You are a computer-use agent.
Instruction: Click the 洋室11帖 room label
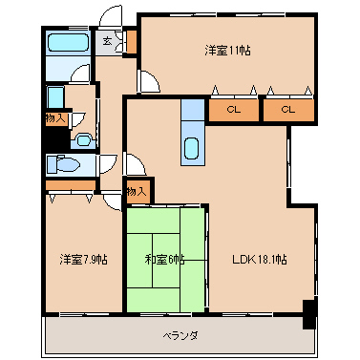pyautogui.click(x=227, y=51)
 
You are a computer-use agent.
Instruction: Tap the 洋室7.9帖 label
pyautogui.click(x=83, y=260)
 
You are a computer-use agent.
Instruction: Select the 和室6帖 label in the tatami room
pyautogui.click(x=164, y=260)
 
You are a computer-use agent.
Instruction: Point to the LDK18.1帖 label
pyautogui.click(x=260, y=260)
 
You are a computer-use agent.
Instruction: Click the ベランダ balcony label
pyautogui.click(x=180, y=335)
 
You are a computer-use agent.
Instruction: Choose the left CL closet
pyautogui.click(x=233, y=110)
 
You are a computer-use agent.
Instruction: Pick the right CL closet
pyautogui.click(x=288, y=110)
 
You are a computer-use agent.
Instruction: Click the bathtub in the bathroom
pyautogui.click(x=68, y=43)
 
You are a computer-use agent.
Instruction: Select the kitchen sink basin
pyautogui.click(x=192, y=148)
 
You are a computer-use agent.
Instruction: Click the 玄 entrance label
pyautogui.click(x=107, y=41)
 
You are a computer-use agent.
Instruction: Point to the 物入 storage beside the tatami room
pyautogui.click(x=137, y=192)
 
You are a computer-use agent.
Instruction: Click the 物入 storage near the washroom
pyautogui.click(x=56, y=118)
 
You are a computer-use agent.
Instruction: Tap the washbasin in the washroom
pyautogui.click(x=83, y=140)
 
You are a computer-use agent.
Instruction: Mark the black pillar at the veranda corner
pyautogui.click(x=308, y=314)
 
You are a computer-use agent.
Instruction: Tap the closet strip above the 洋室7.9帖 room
pyautogui.click(x=71, y=185)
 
